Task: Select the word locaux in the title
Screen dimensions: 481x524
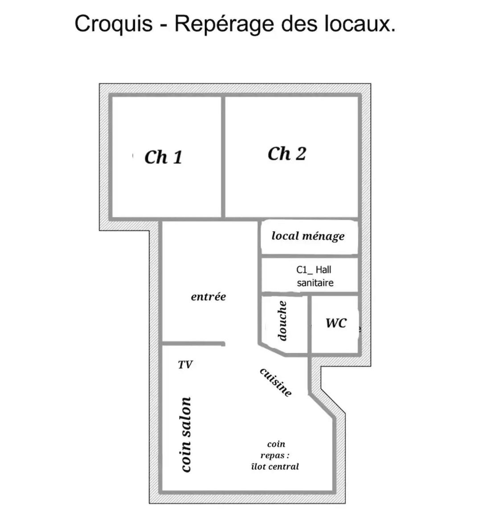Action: (x=360, y=24)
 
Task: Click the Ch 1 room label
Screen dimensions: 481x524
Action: (x=163, y=157)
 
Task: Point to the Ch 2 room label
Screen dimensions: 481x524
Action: (x=287, y=154)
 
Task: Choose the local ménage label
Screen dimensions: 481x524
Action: (x=308, y=236)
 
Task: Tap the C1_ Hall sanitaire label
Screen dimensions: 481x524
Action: (x=314, y=276)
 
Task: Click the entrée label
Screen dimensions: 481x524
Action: (x=208, y=297)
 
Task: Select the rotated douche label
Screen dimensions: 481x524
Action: (x=282, y=321)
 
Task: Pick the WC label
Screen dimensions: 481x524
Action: (x=336, y=323)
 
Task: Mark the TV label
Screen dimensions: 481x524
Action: (x=185, y=365)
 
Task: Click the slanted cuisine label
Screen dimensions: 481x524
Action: (x=276, y=382)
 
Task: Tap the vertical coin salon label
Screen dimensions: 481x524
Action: (x=186, y=435)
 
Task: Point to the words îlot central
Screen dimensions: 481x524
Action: (x=275, y=467)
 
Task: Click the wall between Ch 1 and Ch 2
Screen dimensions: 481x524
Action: (x=223, y=157)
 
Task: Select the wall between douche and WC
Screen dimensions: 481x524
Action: (x=310, y=324)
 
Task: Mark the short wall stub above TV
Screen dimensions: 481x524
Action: (x=193, y=344)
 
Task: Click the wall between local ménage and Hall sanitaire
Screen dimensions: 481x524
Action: (x=310, y=256)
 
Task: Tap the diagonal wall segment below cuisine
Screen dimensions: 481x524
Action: (x=322, y=406)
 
